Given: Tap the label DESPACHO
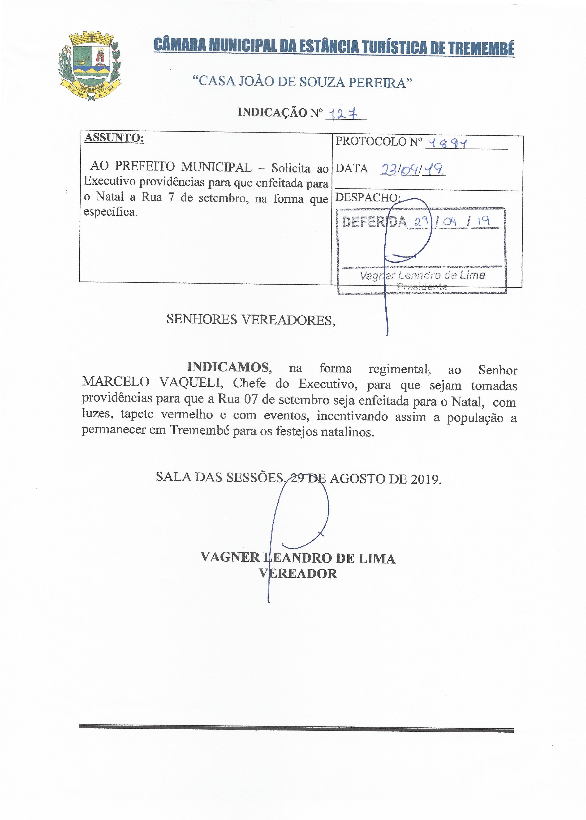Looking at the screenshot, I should [368, 198].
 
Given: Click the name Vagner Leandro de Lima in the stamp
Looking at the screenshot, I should [422, 275].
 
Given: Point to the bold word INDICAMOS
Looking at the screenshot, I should [228, 367].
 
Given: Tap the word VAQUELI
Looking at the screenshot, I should [190, 383].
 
